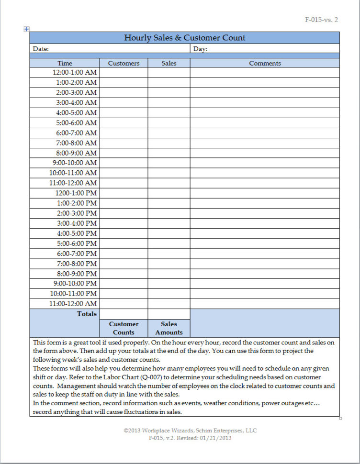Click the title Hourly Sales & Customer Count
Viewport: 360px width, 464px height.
click(x=185, y=38)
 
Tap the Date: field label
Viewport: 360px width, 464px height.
click(x=41, y=49)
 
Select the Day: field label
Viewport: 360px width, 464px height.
click(x=200, y=49)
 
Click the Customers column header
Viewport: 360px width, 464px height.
click(x=124, y=63)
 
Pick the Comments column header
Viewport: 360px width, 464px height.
click(x=265, y=63)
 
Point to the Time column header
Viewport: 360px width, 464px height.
click(x=65, y=63)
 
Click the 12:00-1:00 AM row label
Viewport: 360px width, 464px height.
click(x=74, y=73)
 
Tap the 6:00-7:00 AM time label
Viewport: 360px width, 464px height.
click(x=76, y=133)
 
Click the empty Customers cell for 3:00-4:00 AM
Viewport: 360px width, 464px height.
click(x=124, y=103)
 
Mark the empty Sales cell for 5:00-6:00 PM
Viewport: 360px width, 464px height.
click(x=169, y=243)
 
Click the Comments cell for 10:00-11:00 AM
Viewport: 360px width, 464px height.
click(x=265, y=173)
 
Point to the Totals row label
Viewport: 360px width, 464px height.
click(x=87, y=314)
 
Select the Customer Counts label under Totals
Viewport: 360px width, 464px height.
click(x=124, y=328)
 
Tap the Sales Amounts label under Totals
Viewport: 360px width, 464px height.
click(x=169, y=328)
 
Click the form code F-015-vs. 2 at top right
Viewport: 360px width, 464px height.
click(x=321, y=20)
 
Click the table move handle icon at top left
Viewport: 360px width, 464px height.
click(x=27, y=29)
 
